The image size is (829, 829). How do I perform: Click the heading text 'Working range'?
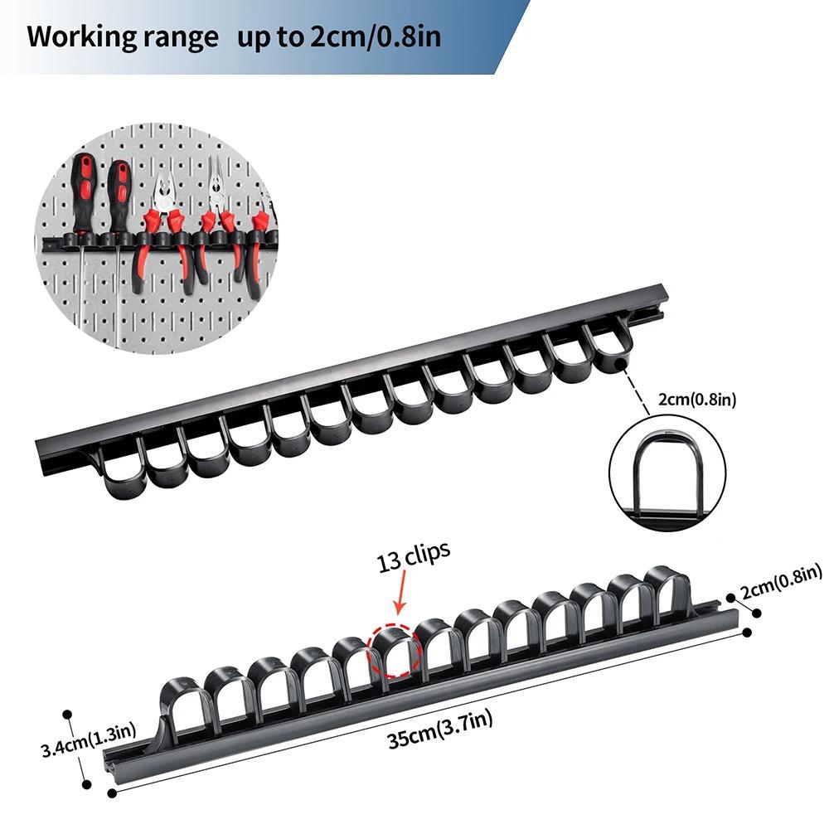(123, 37)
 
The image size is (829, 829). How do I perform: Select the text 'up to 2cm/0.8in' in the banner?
(339, 37)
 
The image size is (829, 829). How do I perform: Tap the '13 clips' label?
(414, 557)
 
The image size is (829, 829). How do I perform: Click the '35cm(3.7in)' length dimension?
(440, 729)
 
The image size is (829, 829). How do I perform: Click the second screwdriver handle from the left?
(119, 195)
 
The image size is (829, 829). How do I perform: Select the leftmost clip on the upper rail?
(121, 471)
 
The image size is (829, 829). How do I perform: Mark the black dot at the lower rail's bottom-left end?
(112, 793)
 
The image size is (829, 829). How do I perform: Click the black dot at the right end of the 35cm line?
(747, 633)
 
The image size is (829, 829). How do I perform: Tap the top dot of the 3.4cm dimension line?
(67, 715)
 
